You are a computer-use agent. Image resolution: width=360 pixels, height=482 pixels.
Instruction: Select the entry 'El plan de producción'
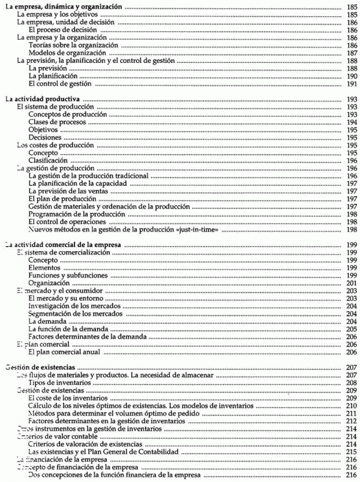[62, 199]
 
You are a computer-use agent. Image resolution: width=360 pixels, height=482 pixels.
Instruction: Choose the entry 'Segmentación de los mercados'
[76, 314]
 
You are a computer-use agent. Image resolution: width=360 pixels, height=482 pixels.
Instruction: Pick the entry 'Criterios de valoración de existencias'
[85, 444]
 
